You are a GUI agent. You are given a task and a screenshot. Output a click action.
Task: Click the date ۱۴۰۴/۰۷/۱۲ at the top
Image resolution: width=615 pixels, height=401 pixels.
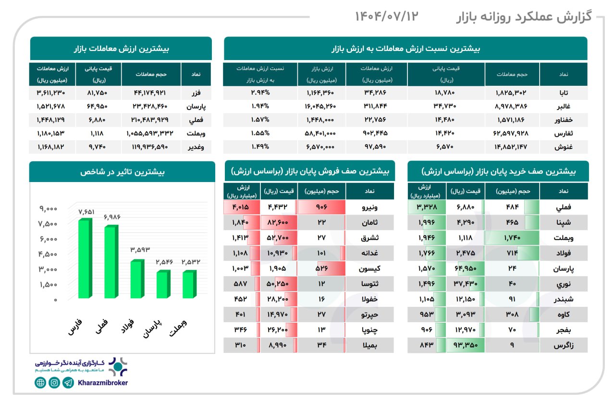(387, 16)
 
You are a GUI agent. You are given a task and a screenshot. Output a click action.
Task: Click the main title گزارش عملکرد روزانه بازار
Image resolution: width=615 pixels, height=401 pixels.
(524, 17)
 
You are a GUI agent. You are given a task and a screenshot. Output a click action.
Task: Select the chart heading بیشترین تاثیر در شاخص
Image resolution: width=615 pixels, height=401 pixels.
(122, 171)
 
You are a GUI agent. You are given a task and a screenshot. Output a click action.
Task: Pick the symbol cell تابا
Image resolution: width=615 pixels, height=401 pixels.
(563, 93)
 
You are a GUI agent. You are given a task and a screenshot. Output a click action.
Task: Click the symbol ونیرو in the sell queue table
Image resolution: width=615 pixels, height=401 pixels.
(370, 208)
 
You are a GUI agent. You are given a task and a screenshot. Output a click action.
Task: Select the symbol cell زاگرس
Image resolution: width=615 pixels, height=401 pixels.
(563, 345)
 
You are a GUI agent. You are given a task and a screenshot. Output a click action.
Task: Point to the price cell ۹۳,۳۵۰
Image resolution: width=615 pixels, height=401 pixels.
(465, 345)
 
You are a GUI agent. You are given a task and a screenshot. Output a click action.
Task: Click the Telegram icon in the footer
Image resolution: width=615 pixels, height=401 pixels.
(69, 383)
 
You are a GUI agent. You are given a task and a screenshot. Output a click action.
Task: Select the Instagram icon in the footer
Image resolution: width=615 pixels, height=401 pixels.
(55, 383)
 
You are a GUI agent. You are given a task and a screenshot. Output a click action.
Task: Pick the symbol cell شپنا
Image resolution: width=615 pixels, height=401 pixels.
(563, 223)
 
